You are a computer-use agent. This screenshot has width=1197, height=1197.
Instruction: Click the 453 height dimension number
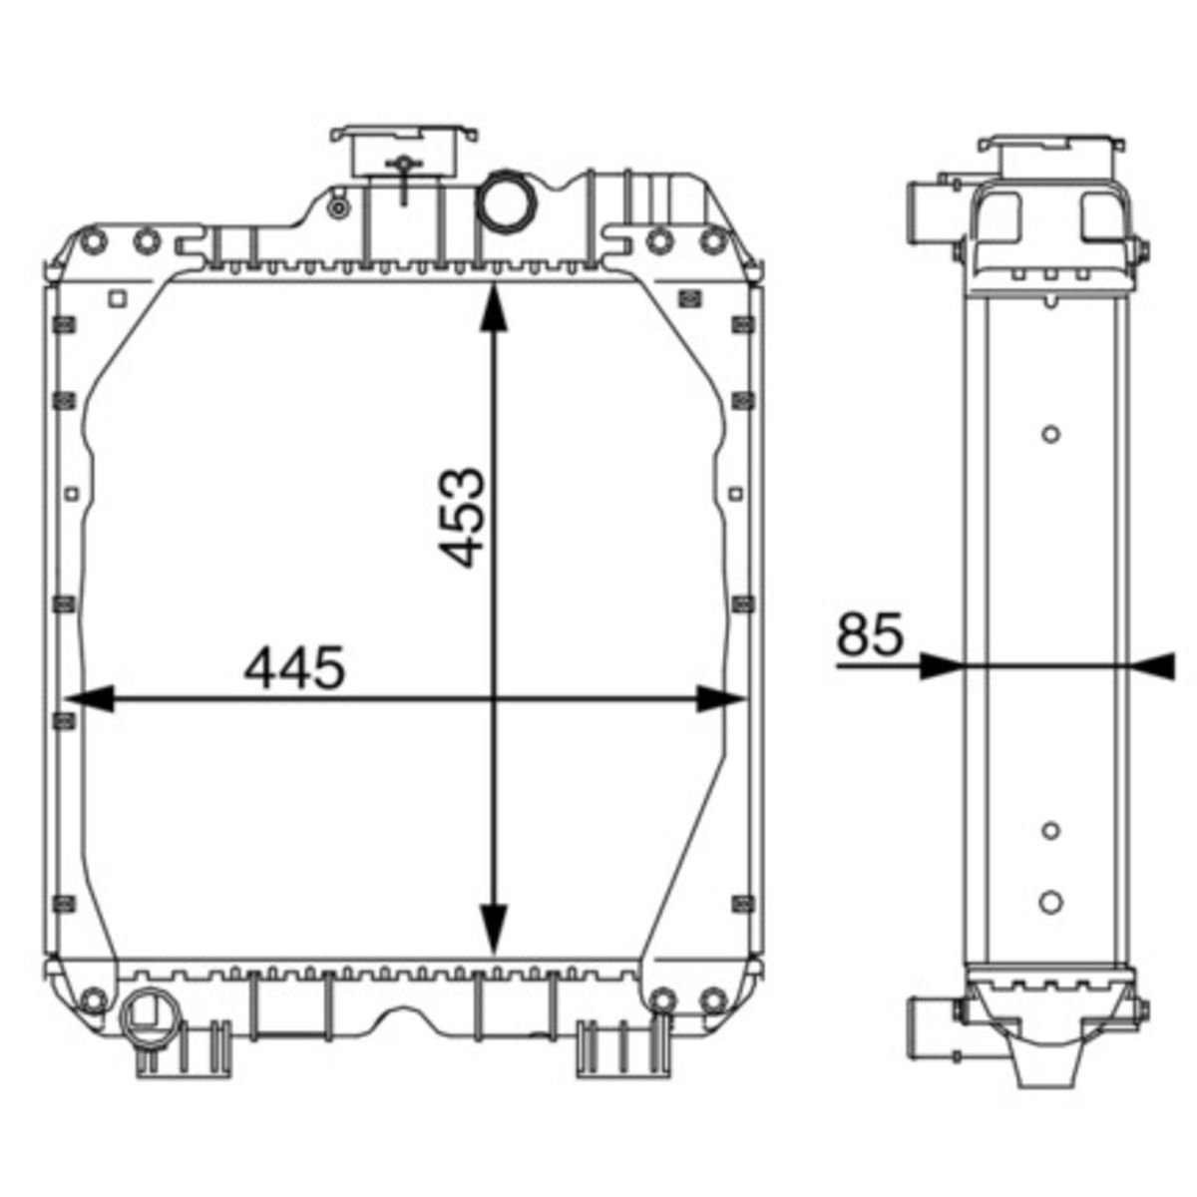click(x=460, y=518)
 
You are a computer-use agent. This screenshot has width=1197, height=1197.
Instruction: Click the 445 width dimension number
click(x=294, y=667)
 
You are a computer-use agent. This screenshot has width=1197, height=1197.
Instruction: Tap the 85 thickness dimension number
click(x=869, y=634)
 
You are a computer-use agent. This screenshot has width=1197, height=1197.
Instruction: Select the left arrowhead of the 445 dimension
click(x=90, y=699)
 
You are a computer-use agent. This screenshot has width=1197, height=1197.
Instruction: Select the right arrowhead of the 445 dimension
click(x=720, y=699)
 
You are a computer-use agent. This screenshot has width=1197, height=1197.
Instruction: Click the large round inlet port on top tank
click(x=508, y=200)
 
